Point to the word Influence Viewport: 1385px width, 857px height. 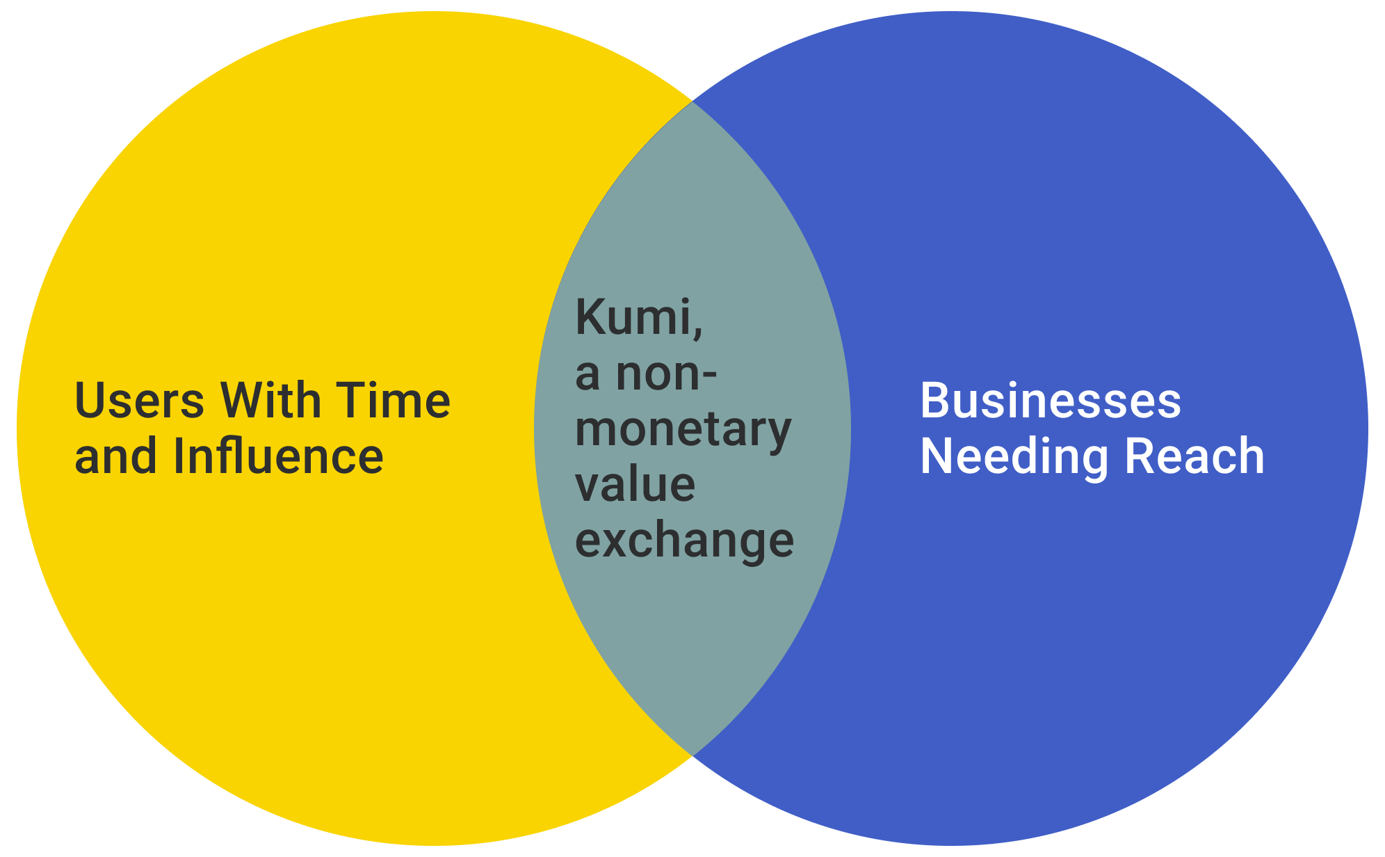click(x=278, y=456)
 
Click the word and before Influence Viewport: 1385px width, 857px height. click(x=115, y=456)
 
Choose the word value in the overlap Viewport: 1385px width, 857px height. click(x=635, y=485)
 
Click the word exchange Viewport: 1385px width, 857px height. click(x=684, y=541)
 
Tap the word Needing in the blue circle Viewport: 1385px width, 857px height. click(x=1013, y=458)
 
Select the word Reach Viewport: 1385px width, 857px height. click(x=1194, y=456)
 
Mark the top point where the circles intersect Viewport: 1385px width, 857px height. click(x=692, y=102)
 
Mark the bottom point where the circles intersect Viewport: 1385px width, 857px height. click(x=692, y=755)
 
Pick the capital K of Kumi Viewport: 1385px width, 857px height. click(x=591, y=317)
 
